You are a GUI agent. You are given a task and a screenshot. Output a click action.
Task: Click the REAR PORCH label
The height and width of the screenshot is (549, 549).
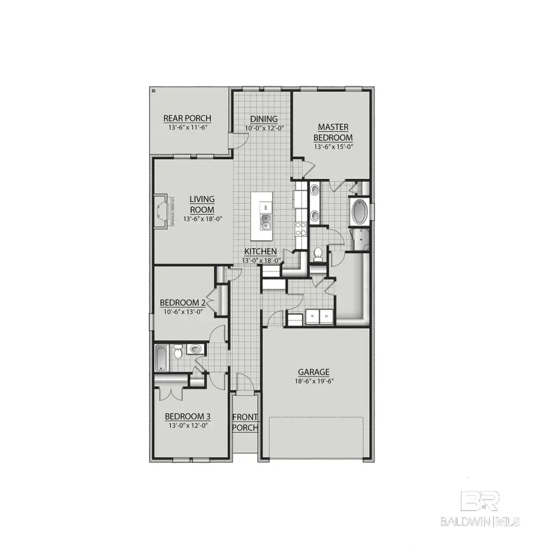click(x=187, y=118)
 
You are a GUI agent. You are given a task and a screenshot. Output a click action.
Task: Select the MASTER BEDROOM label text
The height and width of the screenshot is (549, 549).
click(x=333, y=132)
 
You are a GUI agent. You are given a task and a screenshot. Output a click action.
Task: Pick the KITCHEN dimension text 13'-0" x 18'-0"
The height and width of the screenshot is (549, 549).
click(x=261, y=260)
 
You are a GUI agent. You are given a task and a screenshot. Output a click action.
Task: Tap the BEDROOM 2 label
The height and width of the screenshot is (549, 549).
click(x=182, y=303)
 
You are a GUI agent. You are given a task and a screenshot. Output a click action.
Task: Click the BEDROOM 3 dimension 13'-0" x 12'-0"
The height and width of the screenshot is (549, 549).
click(x=188, y=426)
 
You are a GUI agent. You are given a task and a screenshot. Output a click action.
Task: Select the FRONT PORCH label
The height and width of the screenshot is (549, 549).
click(x=245, y=422)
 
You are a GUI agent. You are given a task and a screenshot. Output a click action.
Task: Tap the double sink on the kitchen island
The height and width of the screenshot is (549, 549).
click(x=266, y=221)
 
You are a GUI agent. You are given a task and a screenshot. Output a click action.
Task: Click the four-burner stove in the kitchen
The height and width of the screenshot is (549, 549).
click(x=301, y=228)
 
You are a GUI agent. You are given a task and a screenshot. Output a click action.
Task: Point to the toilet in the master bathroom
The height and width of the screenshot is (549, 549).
click(x=317, y=253)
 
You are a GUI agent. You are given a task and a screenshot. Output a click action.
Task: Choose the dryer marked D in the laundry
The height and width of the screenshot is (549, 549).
click(x=326, y=316)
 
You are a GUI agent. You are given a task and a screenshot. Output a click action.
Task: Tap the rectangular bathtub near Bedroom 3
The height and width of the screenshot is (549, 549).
click(x=162, y=357)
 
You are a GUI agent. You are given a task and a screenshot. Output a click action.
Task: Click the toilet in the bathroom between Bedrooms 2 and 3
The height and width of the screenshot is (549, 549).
click(x=178, y=351)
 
